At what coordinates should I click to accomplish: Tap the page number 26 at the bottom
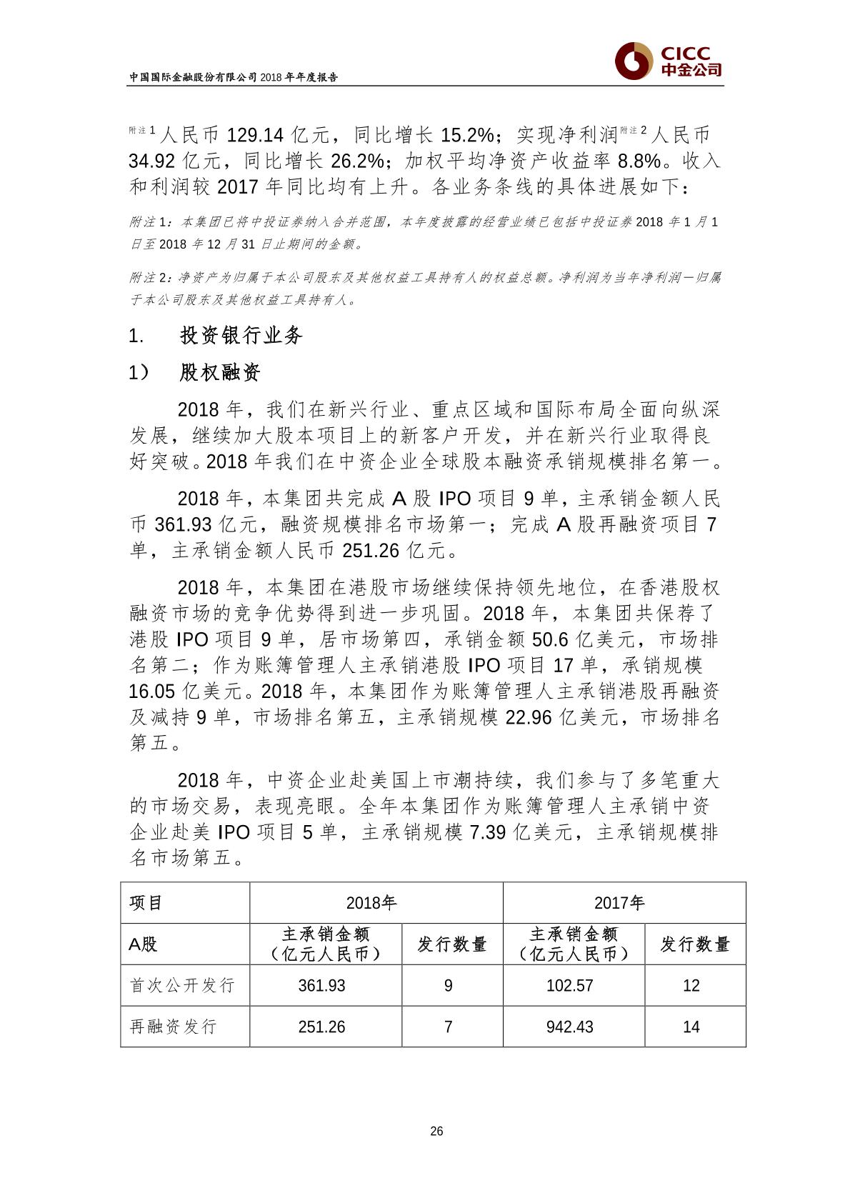[437, 1131]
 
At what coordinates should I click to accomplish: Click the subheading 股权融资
[220, 372]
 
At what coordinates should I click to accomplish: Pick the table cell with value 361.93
[321, 986]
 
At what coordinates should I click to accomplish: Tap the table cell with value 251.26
[321, 1027]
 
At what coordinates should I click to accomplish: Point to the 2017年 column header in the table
[619, 902]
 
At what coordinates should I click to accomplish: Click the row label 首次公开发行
[182, 986]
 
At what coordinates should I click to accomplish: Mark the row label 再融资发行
[173, 1027]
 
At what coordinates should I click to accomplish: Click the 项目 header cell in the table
[146, 902]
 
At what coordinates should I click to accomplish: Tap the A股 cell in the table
[143, 944]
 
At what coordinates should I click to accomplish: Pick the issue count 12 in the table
[691, 986]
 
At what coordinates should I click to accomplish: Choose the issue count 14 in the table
[691, 1027]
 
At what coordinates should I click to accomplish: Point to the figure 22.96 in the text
[529, 717]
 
